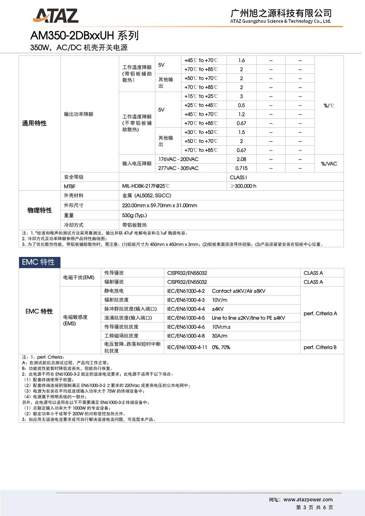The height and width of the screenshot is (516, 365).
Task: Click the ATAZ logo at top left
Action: click(55, 16)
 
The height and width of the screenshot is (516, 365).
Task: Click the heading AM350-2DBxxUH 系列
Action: click(84, 35)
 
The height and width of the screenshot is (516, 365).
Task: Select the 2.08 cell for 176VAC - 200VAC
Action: click(241, 159)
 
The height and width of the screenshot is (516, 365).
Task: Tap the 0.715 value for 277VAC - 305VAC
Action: click(241, 168)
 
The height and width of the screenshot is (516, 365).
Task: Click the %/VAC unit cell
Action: click(329, 164)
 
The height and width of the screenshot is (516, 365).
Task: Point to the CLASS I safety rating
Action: click(238, 177)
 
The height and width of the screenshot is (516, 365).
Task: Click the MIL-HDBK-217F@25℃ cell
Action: click(146, 186)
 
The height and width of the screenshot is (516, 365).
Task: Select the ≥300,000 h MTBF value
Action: click(243, 186)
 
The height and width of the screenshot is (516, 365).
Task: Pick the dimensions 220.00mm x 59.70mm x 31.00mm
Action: click(160, 205)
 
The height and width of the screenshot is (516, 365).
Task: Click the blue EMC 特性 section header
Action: click(39, 262)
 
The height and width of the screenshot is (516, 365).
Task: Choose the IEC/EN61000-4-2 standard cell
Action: click(186, 291)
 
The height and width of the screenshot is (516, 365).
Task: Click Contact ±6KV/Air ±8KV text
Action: click(239, 291)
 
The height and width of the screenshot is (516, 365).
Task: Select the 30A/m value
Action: click(220, 336)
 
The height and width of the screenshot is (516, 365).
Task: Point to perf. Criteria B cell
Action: click(320, 347)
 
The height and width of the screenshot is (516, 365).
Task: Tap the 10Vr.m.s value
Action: click(221, 327)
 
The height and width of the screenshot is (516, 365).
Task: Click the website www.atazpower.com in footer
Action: click(308, 500)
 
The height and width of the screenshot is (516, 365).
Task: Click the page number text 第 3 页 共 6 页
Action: click(315, 507)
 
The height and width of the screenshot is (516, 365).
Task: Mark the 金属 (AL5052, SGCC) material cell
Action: click(147, 195)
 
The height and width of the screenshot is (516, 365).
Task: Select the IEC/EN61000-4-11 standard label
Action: click(187, 347)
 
